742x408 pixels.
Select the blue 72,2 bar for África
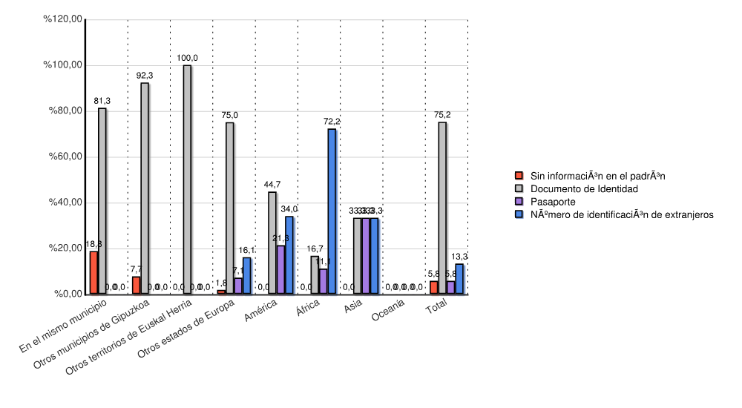pos(332,211)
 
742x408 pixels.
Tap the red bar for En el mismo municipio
pos(93,272)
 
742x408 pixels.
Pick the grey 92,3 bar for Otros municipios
pos(145,188)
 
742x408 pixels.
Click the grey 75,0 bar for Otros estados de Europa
pos(229,208)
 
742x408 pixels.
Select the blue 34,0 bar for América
pos(289,255)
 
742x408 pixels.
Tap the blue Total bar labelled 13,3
pos(459,279)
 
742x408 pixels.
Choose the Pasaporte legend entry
pos(553,202)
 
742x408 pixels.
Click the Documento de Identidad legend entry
pos(584,189)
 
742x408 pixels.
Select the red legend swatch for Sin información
pos(519,176)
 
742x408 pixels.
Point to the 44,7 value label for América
pos(272,184)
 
